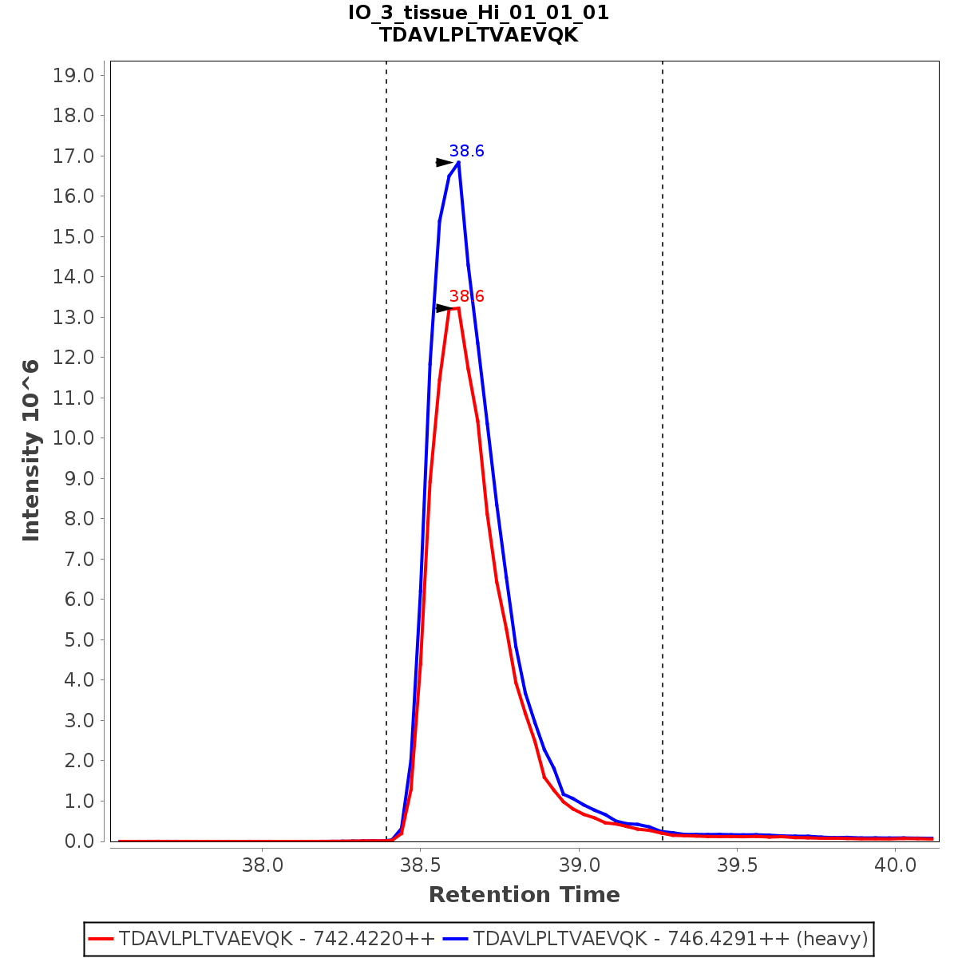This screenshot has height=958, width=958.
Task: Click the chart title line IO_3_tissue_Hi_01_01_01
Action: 478,13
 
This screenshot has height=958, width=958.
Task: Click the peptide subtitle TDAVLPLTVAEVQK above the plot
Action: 478,35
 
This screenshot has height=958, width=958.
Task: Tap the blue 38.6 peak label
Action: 466,151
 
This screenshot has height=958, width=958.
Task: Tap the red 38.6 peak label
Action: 466,296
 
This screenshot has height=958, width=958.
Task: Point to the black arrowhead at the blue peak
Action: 445,162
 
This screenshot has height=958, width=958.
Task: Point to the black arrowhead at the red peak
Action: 445,308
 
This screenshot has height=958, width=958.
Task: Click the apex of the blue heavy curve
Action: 458,162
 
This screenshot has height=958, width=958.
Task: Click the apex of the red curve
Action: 457,307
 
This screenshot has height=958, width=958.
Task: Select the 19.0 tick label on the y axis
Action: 73,76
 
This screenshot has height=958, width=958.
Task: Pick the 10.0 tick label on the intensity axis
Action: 73,438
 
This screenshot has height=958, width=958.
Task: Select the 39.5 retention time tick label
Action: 738,865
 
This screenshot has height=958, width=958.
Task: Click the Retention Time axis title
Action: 524,895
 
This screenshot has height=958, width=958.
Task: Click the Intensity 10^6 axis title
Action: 31,450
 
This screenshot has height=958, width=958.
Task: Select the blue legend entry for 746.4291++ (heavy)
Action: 669,938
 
